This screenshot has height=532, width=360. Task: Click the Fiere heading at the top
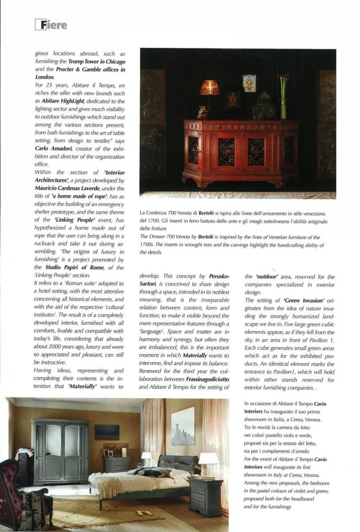[x=51, y=25]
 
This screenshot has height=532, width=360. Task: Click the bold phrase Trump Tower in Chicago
[x=96, y=61]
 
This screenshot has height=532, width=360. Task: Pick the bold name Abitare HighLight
[x=67, y=101]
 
